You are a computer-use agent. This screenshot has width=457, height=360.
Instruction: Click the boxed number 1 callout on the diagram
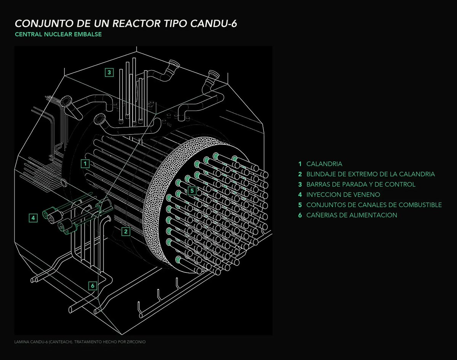click(85, 164)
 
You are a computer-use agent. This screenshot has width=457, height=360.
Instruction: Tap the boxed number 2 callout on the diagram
click(126, 232)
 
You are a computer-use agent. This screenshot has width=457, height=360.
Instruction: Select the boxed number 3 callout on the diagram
click(109, 72)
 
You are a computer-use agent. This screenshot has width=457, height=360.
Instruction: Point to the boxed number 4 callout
click(33, 218)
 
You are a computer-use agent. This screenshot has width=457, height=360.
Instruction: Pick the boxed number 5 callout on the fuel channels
click(192, 190)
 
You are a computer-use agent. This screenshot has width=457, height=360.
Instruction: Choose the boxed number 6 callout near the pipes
click(93, 286)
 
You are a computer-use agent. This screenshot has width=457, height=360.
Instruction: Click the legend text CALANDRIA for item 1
click(324, 164)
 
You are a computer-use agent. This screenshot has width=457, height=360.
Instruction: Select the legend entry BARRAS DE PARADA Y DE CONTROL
click(361, 184)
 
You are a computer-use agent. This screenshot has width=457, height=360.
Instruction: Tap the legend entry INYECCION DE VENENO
click(343, 194)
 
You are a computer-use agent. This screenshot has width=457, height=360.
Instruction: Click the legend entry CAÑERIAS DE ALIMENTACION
click(352, 215)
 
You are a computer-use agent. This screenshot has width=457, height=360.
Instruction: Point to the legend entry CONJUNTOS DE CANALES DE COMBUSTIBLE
click(374, 205)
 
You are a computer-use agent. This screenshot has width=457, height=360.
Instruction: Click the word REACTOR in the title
click(137, 24)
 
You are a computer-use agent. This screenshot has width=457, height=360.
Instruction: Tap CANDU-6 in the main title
click(213, 24)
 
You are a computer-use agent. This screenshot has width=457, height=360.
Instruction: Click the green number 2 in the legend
click(300, 174)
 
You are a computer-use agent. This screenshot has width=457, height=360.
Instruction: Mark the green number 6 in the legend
click(300, 215)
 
